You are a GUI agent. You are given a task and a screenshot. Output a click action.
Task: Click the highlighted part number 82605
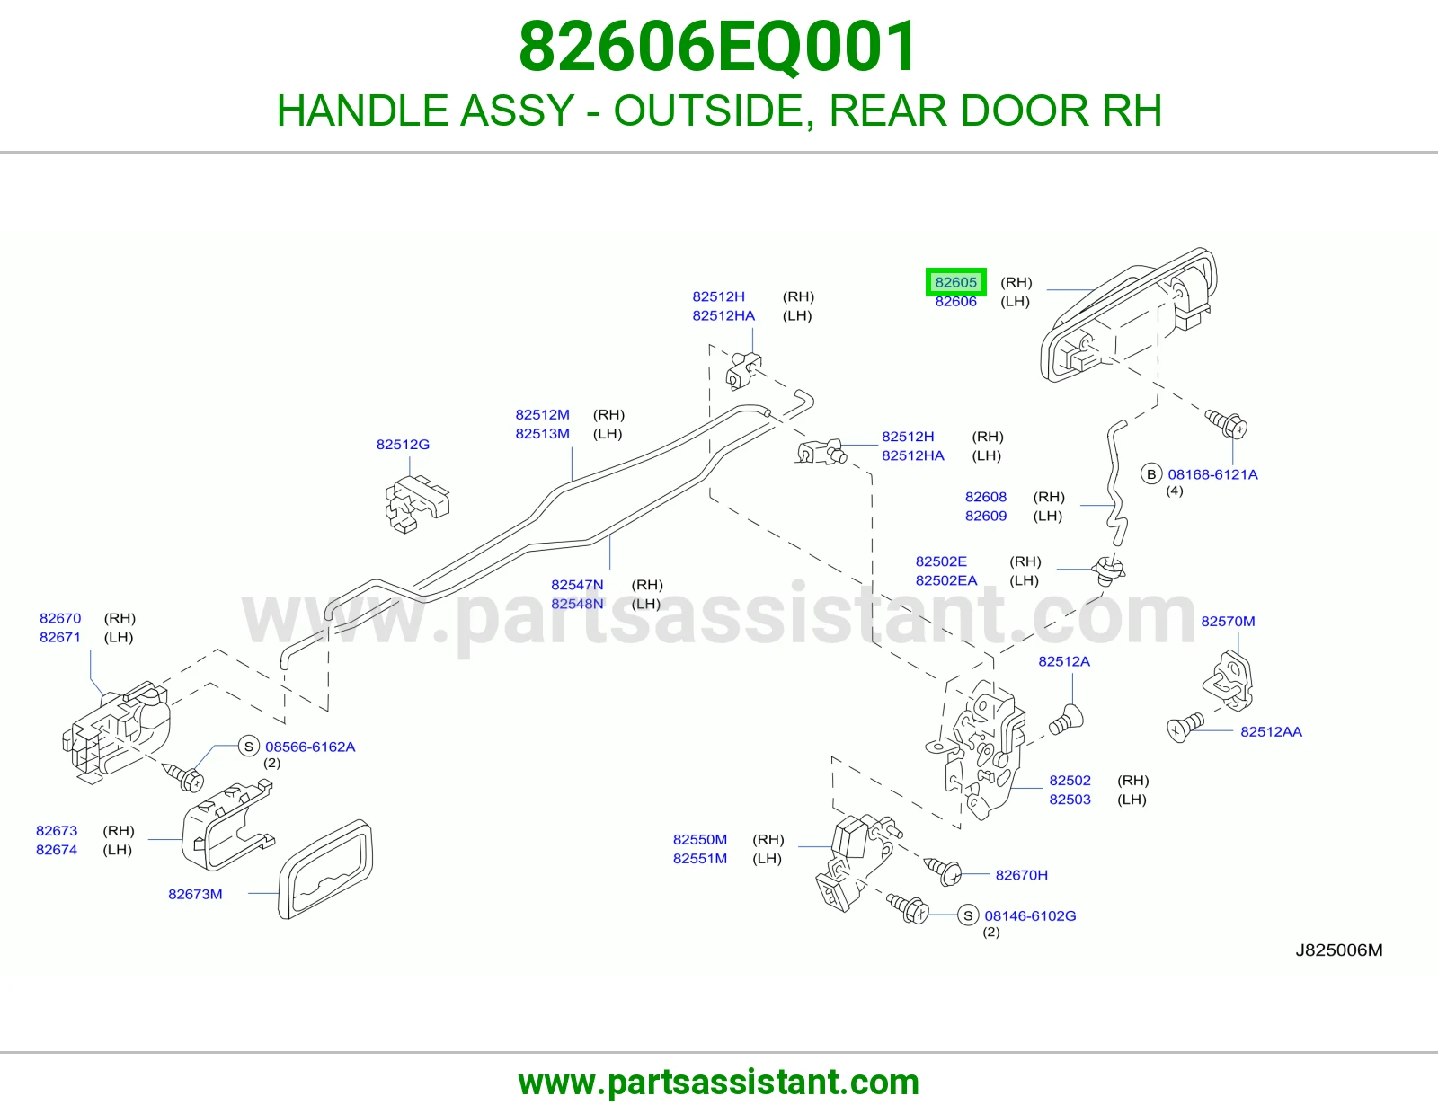[x=955, y=282]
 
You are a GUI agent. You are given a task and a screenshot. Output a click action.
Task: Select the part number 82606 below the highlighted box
[x=955, y=302]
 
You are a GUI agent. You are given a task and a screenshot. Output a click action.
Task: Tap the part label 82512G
[x=403, y=445]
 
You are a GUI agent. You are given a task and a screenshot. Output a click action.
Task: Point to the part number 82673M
[x=195, y=895]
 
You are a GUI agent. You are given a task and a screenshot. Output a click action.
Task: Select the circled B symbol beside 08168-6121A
[x=1151, y=474]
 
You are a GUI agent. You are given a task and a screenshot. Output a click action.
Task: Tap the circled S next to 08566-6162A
[x=249, y=747]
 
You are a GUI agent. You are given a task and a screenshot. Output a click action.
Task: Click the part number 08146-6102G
[x=1030, y=916]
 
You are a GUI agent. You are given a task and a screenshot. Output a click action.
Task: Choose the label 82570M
[x=1229, y=621]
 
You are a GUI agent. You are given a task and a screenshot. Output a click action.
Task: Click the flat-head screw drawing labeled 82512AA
[x=1185, y=727]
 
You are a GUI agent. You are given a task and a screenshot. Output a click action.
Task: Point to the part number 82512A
[x=1064, y=661]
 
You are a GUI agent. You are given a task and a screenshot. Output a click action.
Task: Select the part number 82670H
[x=1022, y=875]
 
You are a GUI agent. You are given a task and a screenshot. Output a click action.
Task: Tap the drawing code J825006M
[x=1339, y=950]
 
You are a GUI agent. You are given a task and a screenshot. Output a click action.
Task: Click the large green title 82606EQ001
[x=719, y=47]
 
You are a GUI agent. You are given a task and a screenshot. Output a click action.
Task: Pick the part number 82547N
[x=577, y=585]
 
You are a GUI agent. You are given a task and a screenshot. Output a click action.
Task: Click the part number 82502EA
[x=946, y=581]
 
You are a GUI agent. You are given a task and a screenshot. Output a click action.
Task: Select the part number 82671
[x=60, y=638]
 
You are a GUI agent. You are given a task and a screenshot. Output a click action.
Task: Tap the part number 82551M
[x=700, y=859]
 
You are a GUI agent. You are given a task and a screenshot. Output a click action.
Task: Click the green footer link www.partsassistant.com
[x=719, y=1083]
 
